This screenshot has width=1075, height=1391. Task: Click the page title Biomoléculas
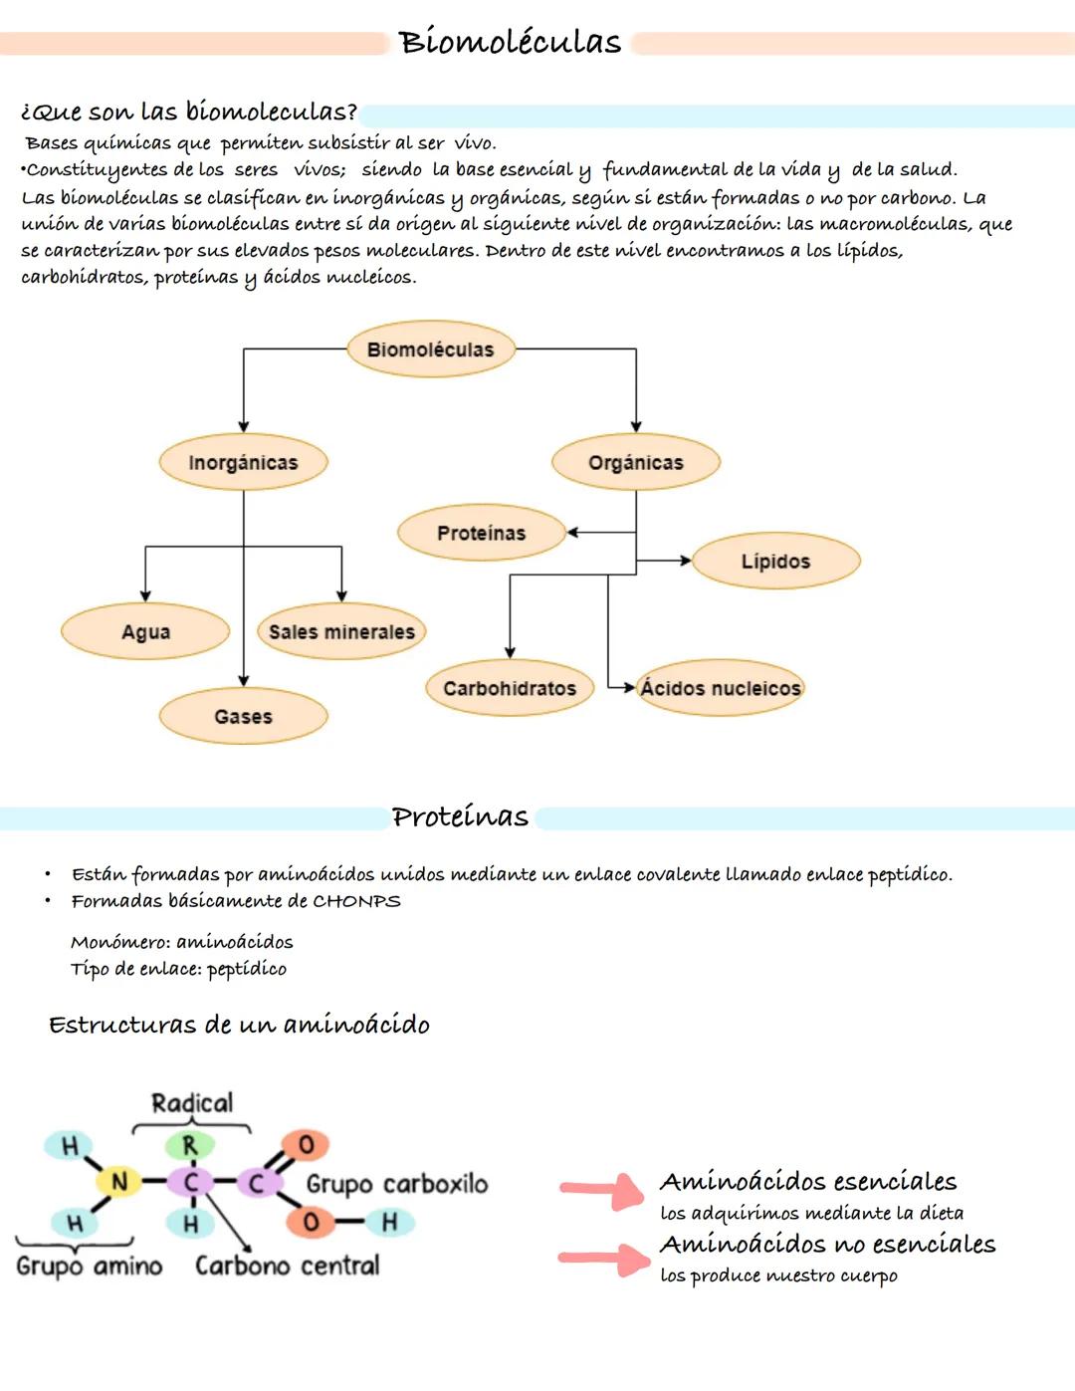(x=510, y=42)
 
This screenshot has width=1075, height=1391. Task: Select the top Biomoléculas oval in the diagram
(x=430, y=349)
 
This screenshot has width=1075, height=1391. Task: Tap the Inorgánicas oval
(x=243, y=462)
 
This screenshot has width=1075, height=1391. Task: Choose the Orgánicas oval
(x=635, y=462)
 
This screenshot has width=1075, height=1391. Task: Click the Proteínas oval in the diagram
(x=481, y=533)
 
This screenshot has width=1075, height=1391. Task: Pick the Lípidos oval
(x=775, y=561)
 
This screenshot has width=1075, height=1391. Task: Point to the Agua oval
(x=145, y=631)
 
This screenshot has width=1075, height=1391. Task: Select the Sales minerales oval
(x=341, y=631)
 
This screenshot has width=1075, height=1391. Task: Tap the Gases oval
(x=243, y=716)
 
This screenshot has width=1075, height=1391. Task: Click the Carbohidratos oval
(x=510, y=688)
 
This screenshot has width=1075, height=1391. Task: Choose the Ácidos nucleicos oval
(x=720, y=688)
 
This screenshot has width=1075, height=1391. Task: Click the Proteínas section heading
(x=460, y=816)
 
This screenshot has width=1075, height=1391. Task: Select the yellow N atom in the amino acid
(x=118, y=1182)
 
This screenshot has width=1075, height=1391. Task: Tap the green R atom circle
(x=189, y=1146)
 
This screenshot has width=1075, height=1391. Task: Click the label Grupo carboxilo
(x=397, y=1184)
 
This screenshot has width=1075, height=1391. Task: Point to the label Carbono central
(x=287, y=1266)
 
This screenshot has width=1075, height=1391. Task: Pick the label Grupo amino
(x=90, y=1266)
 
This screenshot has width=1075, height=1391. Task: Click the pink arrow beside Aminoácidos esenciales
(x=603, y=1189)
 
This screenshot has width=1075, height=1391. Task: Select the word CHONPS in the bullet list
(x=356, y=901)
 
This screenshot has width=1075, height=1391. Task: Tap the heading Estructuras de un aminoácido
(x=239, y=1025)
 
